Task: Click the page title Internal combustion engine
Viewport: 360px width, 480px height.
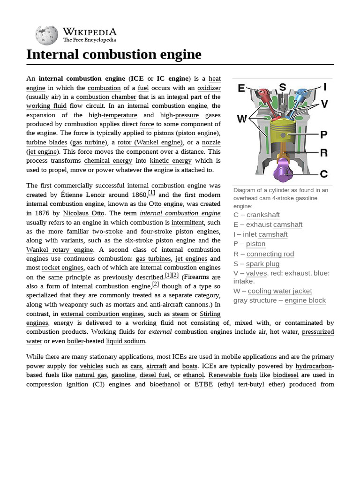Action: click(x=114, y=54)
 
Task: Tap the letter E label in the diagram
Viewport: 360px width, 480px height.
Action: click(x=242, y=88)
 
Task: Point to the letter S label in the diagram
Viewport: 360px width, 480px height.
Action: click(x=282, y=87)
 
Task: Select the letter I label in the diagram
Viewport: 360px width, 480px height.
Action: click(x=324, y=87)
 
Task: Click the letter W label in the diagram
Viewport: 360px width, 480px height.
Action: click(x=242, y=119)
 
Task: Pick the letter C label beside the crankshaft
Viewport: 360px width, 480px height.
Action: click(x=324, y=174)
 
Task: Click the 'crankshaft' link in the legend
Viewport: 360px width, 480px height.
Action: click(x=263, y=215)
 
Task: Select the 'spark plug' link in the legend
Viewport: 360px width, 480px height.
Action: click(x=262, y=264)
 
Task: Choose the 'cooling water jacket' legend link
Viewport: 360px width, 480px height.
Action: click(x=280, y=291)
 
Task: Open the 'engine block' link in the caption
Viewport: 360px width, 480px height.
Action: click(x=305, y=300)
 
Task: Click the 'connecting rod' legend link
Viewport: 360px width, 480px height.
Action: click(x=270, y=254)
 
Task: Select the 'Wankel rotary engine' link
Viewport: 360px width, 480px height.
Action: click(x=60, y=249)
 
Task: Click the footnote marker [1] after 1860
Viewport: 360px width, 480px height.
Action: click(x=151, y=193)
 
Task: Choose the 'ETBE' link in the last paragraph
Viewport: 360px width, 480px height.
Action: click(x=203, y=384)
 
